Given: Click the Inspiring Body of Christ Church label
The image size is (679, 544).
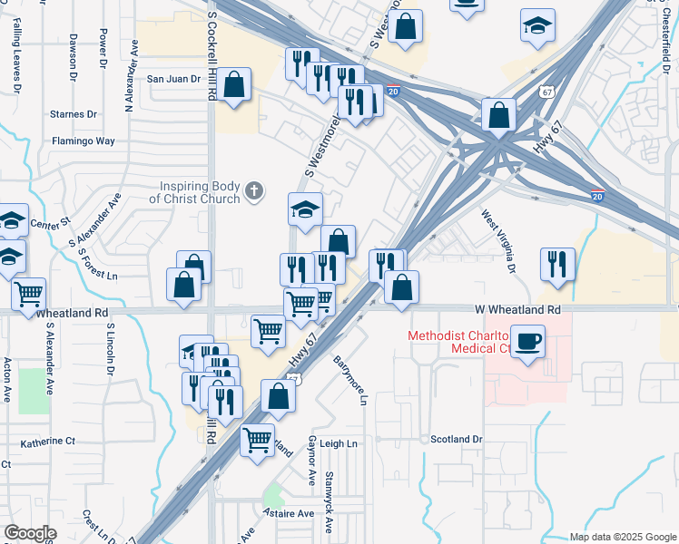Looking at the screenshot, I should point(194,192).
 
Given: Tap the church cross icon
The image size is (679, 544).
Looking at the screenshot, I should point(255,191).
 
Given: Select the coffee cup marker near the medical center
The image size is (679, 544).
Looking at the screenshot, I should point(527,341).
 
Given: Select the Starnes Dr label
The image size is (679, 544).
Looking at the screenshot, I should point(74,114).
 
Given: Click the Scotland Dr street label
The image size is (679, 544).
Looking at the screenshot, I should point(456,439).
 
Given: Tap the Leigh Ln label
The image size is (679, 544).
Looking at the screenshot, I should point(339,443).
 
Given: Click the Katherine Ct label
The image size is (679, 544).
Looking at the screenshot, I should point(48,442).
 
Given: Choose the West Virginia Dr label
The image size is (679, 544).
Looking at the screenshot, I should point(498,242).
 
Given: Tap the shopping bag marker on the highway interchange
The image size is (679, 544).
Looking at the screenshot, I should point(498,115).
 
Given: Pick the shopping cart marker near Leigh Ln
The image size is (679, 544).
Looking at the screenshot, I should point(258,440).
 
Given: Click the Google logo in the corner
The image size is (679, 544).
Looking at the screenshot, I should point(30,533).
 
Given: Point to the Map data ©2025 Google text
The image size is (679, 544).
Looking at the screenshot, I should point(622,537).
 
